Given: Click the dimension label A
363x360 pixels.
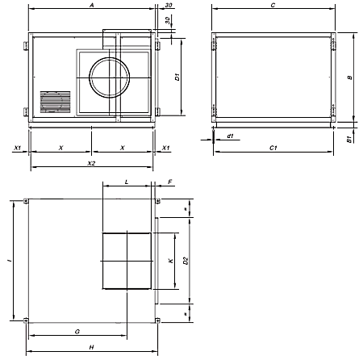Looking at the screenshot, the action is click(92, 5).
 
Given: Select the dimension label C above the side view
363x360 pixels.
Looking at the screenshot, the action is click(273, 5).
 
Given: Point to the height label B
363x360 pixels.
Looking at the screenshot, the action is click(349, 77).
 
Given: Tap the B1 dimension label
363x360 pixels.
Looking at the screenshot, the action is click(349, 139).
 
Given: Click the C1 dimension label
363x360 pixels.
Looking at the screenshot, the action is click(273, 148).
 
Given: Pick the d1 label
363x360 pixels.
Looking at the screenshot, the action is click(230, 136).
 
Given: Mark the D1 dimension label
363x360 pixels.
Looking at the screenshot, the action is click(177, 77).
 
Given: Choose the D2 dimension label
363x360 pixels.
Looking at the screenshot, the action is click(186, 261).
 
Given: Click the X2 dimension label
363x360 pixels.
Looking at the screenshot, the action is click(91, 163).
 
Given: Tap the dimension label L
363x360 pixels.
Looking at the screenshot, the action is click(127, 182).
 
